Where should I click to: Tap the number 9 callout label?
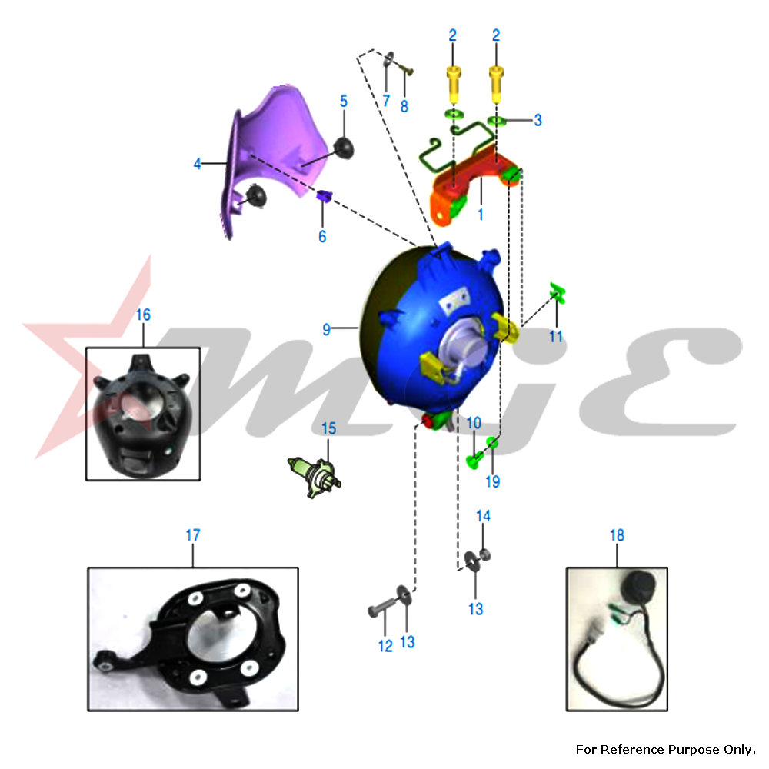tap(326, 330)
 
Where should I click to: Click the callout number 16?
tap(143, 315)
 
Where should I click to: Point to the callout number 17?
tap(193, 535)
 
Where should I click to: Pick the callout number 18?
tap(617, 535)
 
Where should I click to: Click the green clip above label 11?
tap(558, 294)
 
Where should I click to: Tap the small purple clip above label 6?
tap(325, 195)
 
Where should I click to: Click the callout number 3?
tap(538, 120)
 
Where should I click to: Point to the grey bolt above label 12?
tap(381, 608)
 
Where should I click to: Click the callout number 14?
tap(483, 516)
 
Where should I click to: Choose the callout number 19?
tap(493, 481)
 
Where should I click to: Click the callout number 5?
tap(344, 101)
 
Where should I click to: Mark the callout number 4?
tap(197, 163)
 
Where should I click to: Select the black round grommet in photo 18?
tap(638, 587)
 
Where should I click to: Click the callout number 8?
tap(404, 106)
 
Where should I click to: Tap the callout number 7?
tap(386, 101)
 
